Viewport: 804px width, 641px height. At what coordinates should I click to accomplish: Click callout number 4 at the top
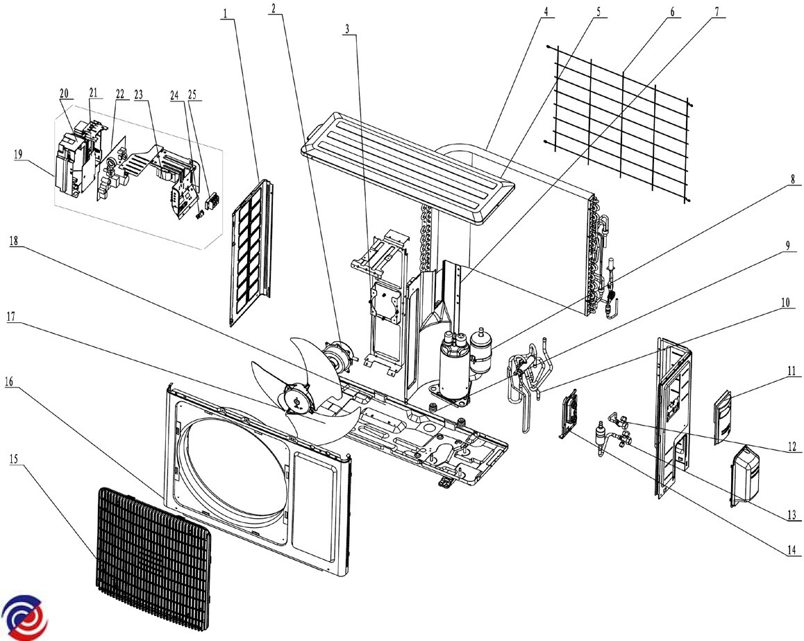point(546,11)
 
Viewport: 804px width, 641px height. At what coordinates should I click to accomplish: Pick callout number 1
point(226,11)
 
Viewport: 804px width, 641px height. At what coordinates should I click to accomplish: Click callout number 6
point(672,11)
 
